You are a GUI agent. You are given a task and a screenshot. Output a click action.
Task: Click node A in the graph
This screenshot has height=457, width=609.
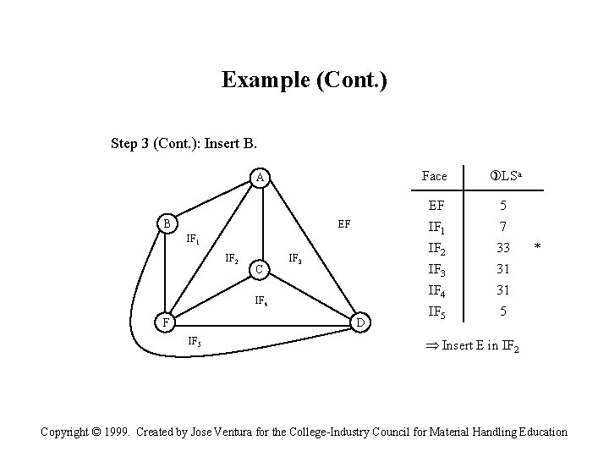(261, 177)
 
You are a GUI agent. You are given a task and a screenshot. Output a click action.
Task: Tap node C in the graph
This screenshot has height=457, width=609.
(261, 270)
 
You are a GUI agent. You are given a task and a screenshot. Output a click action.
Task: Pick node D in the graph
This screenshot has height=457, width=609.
(359, 322)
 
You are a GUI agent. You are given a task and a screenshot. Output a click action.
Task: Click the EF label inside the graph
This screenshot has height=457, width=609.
(344, 224)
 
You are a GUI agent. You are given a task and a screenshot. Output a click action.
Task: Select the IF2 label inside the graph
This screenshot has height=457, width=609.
(231, 258)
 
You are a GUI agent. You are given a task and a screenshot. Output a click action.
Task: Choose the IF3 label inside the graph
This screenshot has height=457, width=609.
(296, 258)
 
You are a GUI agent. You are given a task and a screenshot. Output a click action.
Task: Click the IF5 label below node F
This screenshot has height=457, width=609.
(194, 341)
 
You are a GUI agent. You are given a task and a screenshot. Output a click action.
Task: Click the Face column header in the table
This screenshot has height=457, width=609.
(434, 176)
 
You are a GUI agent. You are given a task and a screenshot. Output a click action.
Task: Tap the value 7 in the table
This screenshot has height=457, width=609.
(502, 227)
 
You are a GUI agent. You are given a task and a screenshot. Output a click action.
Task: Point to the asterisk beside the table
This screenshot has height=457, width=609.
(535, 247)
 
